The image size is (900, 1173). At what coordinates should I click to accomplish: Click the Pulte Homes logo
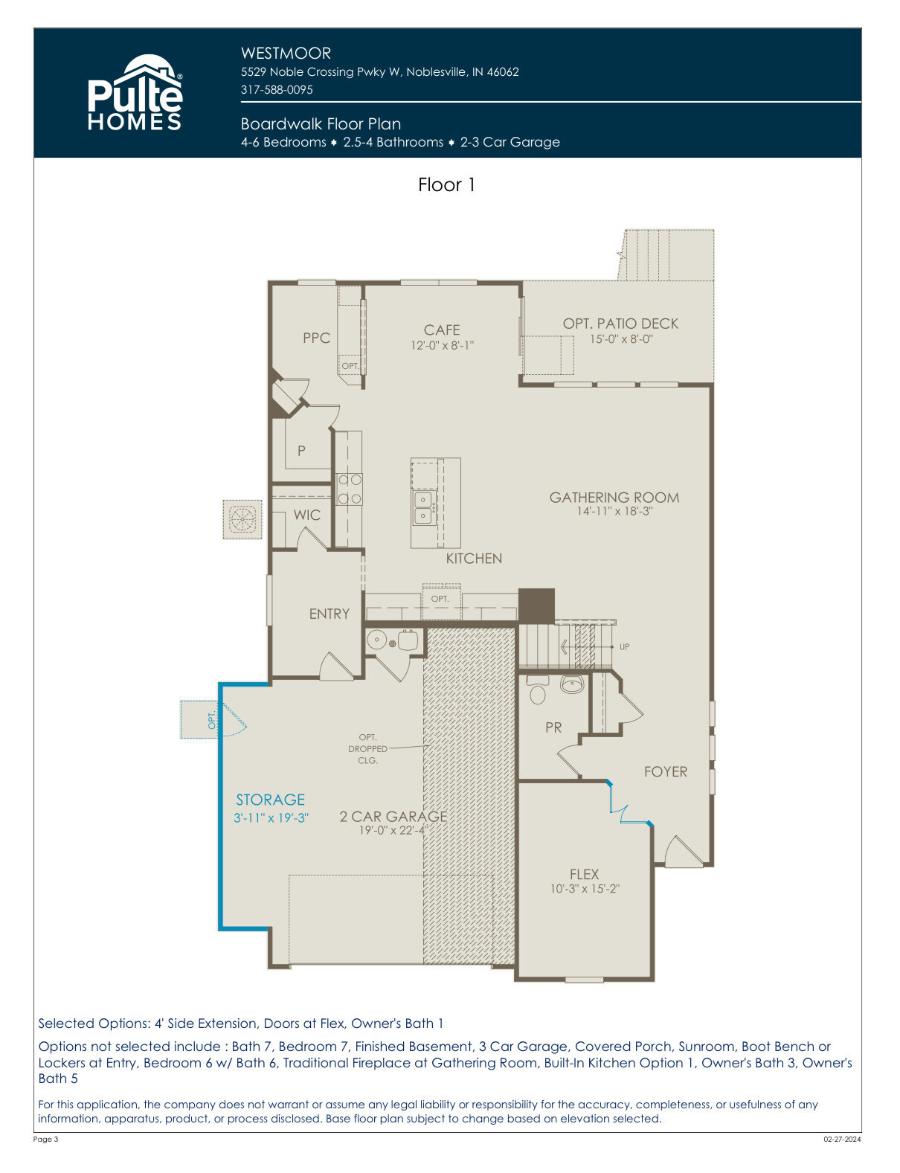coord(135,92)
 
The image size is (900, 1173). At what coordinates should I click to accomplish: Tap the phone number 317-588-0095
coord(277,89)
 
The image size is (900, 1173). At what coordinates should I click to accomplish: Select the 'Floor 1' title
coord(446,184)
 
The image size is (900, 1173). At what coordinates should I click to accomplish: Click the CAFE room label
coord(442,330)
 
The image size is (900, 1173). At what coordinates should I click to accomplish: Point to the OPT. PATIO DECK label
coord(620,324)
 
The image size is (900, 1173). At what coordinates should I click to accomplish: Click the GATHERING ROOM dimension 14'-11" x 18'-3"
coord(614,511)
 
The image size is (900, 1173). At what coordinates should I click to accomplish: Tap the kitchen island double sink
coord(423,507)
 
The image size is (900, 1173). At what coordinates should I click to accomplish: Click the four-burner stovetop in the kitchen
coord(349,489)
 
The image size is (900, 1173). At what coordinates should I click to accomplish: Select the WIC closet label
coord(307,515)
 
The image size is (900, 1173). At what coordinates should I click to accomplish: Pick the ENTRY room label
coord(330,614)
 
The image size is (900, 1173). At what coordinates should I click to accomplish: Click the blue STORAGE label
coord(270,800)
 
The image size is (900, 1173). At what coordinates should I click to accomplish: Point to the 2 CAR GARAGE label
coord(393,816)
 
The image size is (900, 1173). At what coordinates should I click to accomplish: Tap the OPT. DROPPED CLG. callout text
coord(367,749)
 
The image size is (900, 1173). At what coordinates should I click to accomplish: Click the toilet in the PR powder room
coord(537,690)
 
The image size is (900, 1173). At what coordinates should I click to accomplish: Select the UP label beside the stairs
coord(624,646)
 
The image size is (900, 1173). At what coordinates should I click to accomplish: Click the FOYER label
coord(666,771)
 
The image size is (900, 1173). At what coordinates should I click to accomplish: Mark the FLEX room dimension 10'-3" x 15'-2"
coord(585,889)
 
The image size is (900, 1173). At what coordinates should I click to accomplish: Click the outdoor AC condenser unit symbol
coord(242,519)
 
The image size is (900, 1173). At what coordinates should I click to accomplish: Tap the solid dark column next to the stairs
coord(536,605)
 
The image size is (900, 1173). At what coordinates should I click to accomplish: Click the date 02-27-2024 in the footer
coord(842,1140)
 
